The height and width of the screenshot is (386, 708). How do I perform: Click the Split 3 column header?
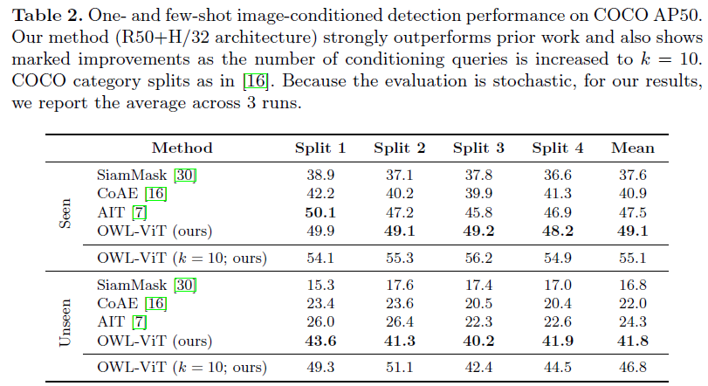pyautogui.click(x=478, y=148)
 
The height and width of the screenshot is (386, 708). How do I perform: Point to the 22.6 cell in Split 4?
pyautogui.click(x=557, y=322)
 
